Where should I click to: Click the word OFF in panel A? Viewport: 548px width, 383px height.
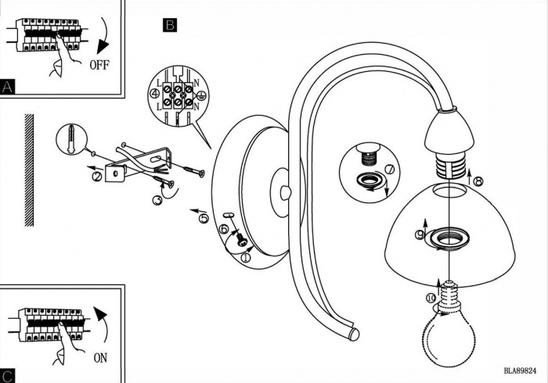click(x=99, y=65)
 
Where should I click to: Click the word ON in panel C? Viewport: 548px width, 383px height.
click(x=100, y=338)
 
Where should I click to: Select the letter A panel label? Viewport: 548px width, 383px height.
click(x=8, y=86)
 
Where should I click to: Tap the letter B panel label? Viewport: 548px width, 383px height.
click(x=170, y=24)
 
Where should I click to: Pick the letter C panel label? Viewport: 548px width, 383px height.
click(x=8, y=375)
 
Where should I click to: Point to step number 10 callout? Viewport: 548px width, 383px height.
click(x=429, y=297)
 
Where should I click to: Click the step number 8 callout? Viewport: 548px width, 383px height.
click(x=478, y=181)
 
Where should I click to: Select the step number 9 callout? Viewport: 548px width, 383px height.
click(x=420, y=234)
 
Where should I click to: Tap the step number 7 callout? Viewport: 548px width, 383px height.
click(x=390, y=170)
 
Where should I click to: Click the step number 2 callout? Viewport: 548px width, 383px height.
click(x=96, y=177)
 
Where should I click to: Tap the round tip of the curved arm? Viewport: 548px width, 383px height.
click(x=354, y=335)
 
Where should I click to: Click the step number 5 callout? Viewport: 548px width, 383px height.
click(x=204, y=219)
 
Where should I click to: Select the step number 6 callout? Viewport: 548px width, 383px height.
click(x=224, y=229)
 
